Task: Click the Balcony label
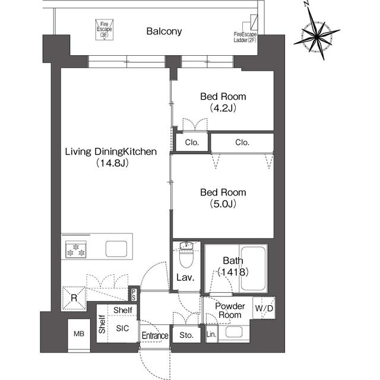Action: [x=164, y=31]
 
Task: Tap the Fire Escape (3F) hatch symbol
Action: [x=104, y=30]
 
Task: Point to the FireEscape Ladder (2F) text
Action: [x=245, y=37]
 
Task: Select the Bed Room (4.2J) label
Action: [x=223, y=102]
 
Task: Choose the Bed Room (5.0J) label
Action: [x=223, y=198]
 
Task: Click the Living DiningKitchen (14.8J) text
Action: [x=111, y=157]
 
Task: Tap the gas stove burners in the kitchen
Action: [x=76, y=249]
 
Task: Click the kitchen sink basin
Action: [x=116, y=249]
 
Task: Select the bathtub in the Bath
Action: [x=253, y=268]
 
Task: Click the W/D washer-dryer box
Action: [x=264, y=308]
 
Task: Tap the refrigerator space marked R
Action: [x=74, y=298]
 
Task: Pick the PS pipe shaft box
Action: [x=134, y=294]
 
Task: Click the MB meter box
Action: [x=79, y=335]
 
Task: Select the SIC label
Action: [x=122, y=328]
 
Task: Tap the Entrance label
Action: [x=155, y=335]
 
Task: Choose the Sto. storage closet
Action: [x=186, y=334]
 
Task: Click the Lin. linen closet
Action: [x=211, y=334]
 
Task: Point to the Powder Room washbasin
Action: [x=234, y=332]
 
